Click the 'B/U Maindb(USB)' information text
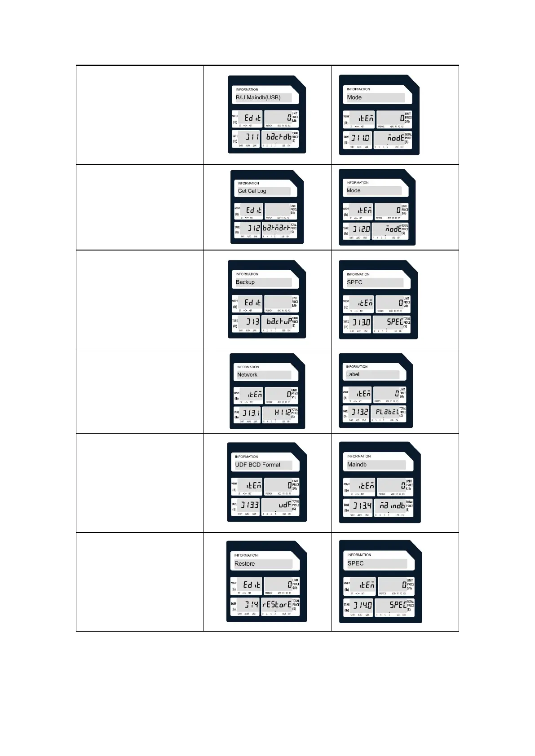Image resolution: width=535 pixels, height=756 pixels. pos(258,97)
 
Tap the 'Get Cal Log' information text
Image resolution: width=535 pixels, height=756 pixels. pos(252,191)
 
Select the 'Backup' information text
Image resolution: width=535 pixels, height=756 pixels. pos(245,282)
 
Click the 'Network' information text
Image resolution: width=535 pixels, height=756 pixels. pos(248,374)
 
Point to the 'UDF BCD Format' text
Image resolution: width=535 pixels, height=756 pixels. pos(258,465)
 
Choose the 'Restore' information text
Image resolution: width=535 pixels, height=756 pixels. pos(245,563)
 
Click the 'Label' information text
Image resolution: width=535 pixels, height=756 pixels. pos(353,374)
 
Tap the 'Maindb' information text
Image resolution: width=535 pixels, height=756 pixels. pos(357,465)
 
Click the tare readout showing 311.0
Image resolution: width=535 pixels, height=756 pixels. pos(360,138)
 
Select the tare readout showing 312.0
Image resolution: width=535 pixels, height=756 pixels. pos(361,229)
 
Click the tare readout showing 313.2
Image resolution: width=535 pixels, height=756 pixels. pos(360,412)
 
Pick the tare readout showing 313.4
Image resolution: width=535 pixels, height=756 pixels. pos(362,505)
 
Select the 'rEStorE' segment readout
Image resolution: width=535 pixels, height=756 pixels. pos(277,605)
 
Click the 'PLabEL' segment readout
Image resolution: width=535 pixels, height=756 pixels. pos(387,412)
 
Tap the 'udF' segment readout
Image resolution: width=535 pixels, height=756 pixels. pos(284,505)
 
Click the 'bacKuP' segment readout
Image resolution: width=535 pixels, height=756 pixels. pos(279,321)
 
